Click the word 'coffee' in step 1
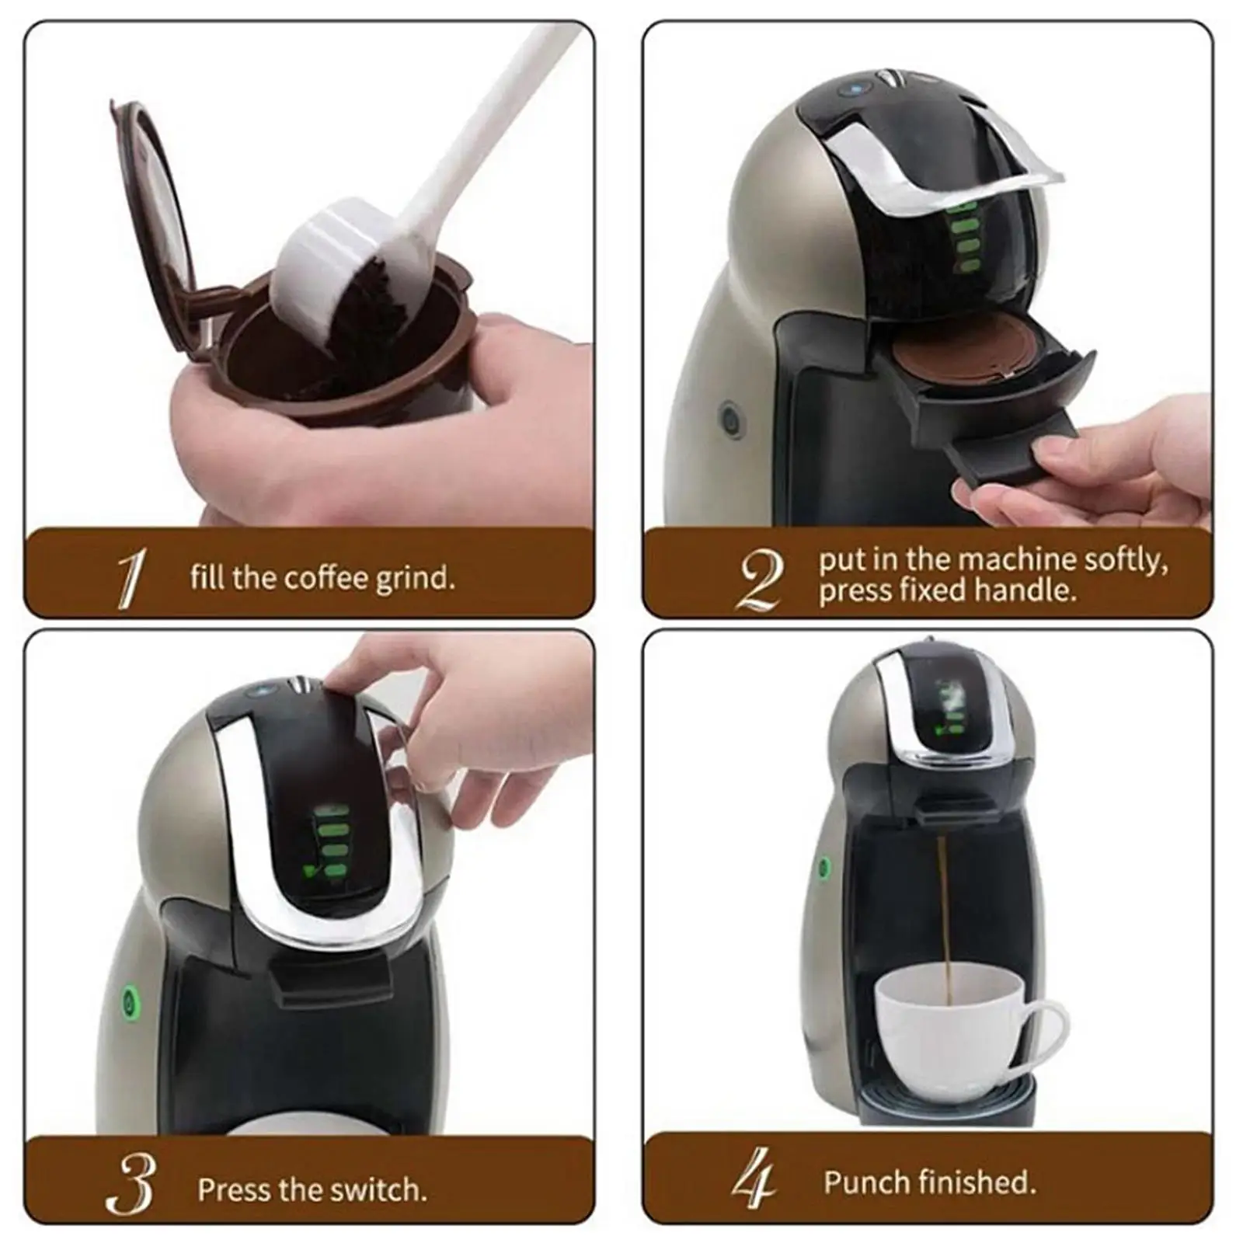[326, 578]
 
